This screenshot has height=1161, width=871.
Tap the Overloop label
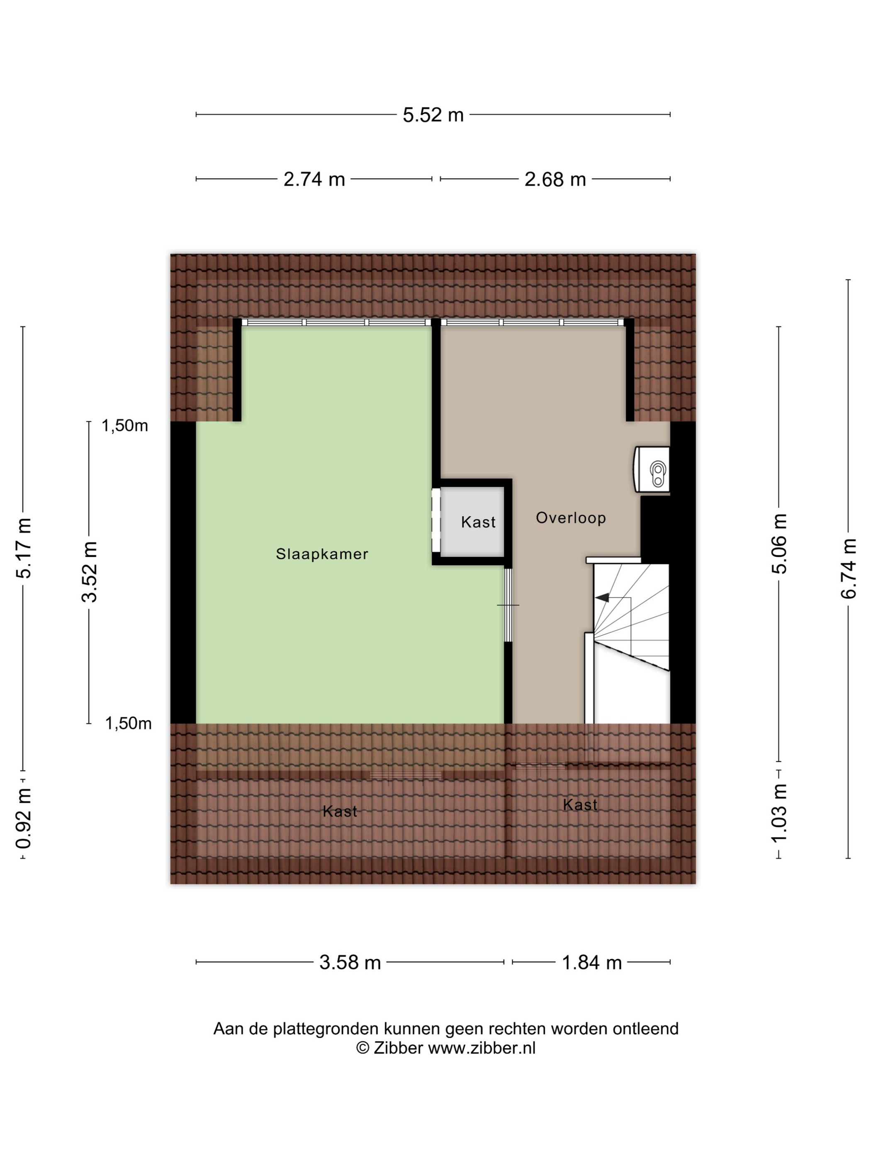(571, 518)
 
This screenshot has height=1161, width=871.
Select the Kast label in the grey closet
(478, 522)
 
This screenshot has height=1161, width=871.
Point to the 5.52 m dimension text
(433, 115)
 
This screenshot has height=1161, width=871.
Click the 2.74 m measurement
(314, 180)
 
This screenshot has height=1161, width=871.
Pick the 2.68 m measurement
(555, 180)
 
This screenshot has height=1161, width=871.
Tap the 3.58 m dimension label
(350, 963)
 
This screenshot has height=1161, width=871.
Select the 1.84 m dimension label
(592, 963)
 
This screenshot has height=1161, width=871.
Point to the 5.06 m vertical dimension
(779, 544)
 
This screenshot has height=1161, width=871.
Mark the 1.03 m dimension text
(779, 813)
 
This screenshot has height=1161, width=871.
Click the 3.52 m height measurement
(90, 571)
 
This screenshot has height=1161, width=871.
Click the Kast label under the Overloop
(580, 805)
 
